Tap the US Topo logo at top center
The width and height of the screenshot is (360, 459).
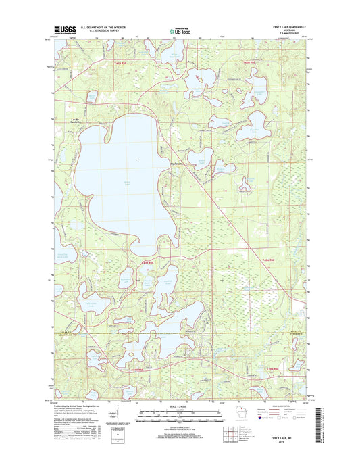pyautogui.click(x=180, y=29)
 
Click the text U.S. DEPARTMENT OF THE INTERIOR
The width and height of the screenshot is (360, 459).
pyautogui.click(x=103, y=26)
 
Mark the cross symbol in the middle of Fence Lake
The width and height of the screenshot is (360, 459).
pyautogui.click(x=138, y=159)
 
